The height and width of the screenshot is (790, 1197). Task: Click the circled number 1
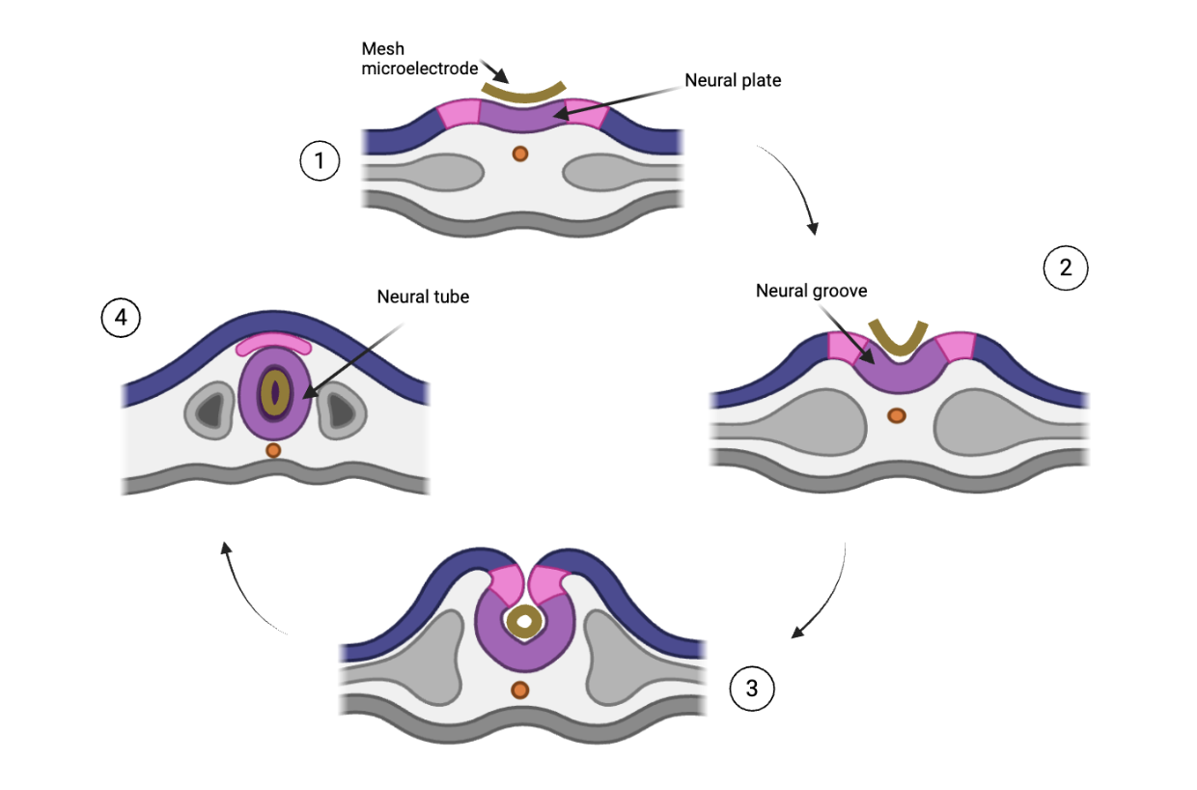click(x=320, y=162)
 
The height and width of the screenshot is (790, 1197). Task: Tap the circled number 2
click(x=1066, y=268)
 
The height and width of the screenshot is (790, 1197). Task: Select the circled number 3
click(x=752, y=688)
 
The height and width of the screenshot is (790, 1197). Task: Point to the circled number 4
click(x=122, y=320)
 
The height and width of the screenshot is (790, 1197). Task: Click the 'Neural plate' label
click(x=733, y=81)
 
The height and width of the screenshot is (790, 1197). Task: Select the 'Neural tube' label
click(x=423, y=296)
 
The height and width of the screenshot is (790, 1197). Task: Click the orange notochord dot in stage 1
click(x=520, y=153)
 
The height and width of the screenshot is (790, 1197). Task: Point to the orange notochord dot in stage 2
click(x=897, y=415)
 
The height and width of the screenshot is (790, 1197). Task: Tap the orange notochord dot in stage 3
click(x=520, y=690)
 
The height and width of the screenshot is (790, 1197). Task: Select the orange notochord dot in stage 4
click(x=273, y=450)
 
